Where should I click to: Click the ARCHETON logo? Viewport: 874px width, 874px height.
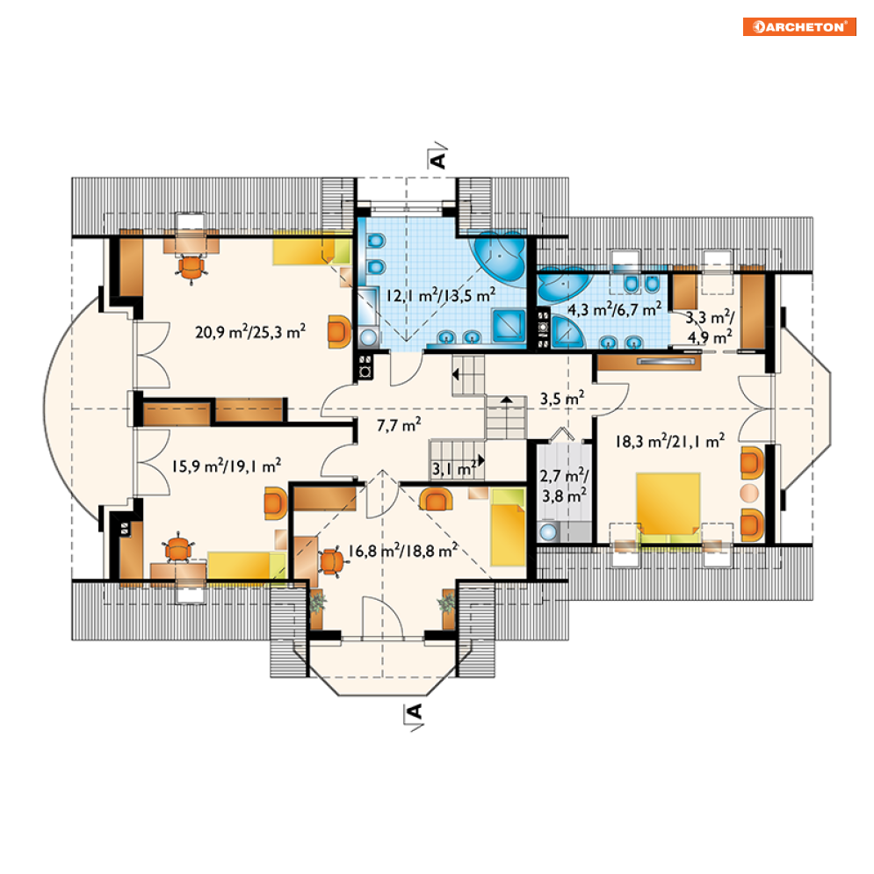799,26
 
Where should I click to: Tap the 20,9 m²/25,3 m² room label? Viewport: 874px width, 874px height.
250,331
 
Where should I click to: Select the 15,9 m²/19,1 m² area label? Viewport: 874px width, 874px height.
227,465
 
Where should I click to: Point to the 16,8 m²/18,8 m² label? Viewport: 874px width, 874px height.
402,550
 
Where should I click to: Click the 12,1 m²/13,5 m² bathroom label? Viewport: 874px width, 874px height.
441,294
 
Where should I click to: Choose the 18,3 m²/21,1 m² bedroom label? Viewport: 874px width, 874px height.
670,441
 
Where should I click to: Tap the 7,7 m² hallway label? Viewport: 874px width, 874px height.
399,425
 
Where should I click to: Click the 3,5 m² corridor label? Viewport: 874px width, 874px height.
562,398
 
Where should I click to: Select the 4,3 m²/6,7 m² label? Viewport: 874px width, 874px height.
614,308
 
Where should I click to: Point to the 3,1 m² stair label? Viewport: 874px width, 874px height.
454,469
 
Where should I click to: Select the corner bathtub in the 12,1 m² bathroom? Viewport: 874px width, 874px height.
500,258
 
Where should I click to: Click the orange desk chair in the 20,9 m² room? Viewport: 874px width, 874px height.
191,268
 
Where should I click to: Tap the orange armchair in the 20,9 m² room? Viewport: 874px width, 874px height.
339,331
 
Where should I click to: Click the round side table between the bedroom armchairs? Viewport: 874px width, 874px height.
749,494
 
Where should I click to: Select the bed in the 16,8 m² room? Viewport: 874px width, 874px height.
508,527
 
